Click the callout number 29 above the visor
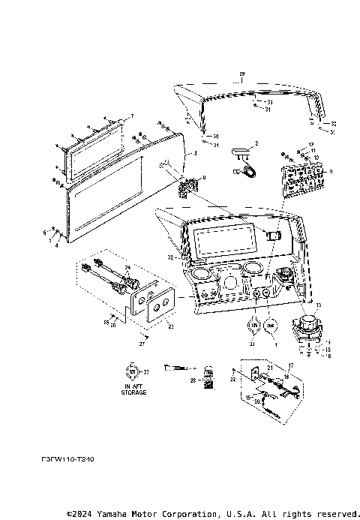click(241, 73)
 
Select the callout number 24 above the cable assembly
click(127, 268)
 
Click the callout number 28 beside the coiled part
click(193, 382)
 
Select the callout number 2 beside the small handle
click(256, 143)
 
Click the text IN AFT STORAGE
click(135, 389)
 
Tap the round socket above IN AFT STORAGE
click(134, 370)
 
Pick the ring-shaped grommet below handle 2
click(245, 172)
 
